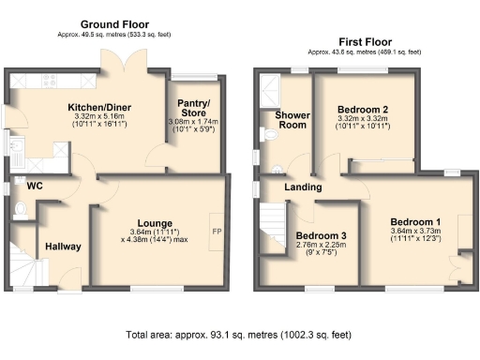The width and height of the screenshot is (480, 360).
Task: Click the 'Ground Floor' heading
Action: click(x=114, y=23)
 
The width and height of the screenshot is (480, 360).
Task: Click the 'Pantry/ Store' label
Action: click(x=195, y=108)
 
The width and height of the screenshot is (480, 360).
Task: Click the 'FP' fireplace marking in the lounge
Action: click(x=216, y=232)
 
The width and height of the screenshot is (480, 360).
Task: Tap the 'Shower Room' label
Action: click(x=292, y=120)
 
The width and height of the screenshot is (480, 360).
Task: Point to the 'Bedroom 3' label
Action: click(x=321, y=234)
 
